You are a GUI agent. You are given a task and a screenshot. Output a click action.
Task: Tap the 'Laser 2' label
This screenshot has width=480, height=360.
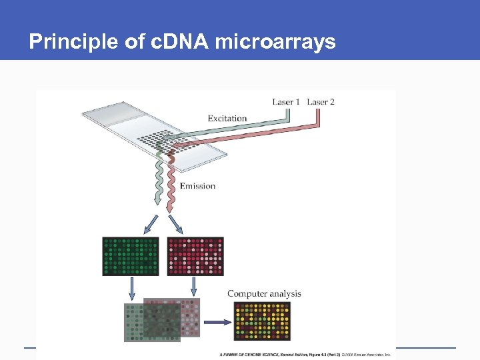tap(321, 101)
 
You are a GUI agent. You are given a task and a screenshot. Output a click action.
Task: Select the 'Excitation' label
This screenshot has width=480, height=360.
tap(227, 119)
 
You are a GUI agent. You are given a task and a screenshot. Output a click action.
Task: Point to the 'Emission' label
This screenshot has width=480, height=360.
tap(197, 185)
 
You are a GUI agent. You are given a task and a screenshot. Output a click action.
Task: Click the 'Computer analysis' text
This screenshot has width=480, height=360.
tap(264, 293)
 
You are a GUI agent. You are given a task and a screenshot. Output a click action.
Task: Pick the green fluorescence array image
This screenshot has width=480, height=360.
tap(131, 256)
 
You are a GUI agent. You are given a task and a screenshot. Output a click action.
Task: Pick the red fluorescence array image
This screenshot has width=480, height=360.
tap(195, 256)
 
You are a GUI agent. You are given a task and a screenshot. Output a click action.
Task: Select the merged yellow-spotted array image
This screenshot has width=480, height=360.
tap(262, 321)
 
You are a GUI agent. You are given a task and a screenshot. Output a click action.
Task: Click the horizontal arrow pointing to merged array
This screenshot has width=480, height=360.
tap(216, 322)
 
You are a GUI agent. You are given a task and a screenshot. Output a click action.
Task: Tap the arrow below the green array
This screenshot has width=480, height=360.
tap(133, 289)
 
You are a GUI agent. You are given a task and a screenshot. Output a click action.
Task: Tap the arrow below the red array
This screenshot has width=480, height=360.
tap(194, 287)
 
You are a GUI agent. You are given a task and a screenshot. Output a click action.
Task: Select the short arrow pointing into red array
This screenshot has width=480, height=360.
tap(176, 223)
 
